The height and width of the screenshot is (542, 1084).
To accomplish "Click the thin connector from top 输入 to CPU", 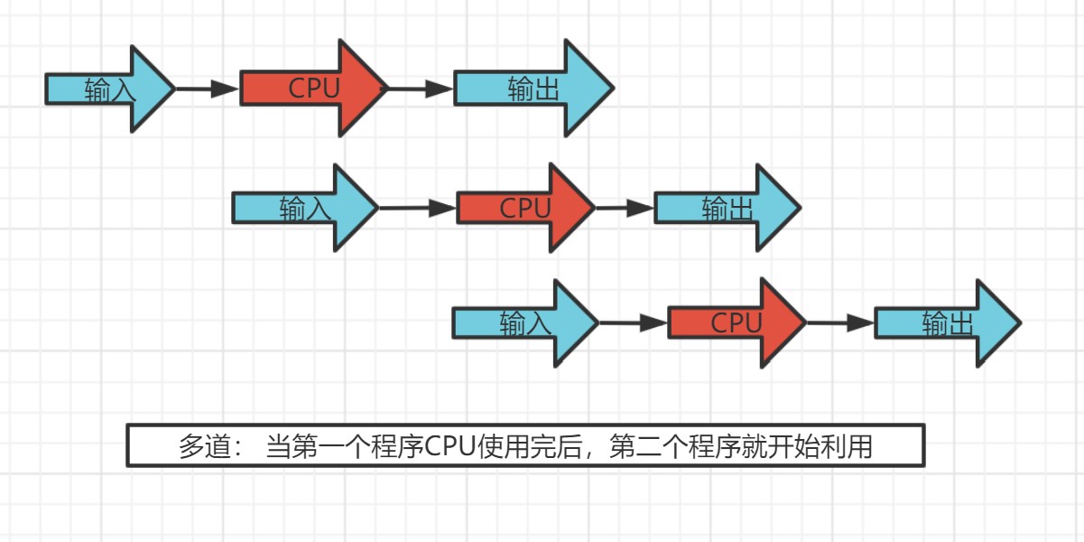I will click(207, 89).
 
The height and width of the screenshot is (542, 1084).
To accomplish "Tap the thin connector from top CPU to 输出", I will click(420, 89).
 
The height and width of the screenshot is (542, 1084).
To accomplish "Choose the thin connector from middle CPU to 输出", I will click(624, 209).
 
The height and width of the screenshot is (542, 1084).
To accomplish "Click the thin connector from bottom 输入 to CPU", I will click(633, 322).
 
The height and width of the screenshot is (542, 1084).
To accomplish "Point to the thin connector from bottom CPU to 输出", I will click(839, 322).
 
